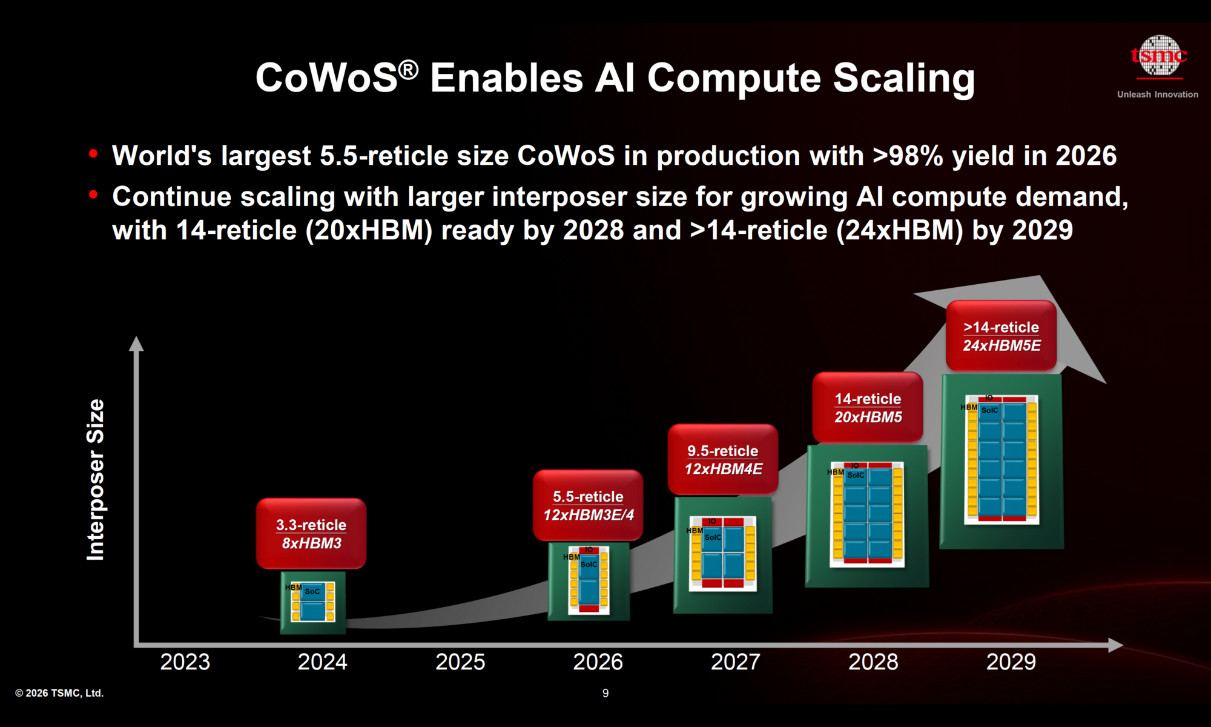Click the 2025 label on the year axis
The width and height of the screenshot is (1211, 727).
pyautogui.click(x=460, y=662)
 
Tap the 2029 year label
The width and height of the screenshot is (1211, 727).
pyautogui.click(x=1011, y=662)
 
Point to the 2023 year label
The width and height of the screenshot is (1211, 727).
pyautogui.click(x=185, y=662)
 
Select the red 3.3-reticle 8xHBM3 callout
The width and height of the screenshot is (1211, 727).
pyautogui.click(x=311, y=534)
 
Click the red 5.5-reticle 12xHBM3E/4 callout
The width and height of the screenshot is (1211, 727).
pyautogui.click(x=588, y=505)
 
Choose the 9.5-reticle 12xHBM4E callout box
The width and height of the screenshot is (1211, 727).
pyautogui.click(x=723, y=460)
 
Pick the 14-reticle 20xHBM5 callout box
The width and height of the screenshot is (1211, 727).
pyautogui.click(x=868, y=408)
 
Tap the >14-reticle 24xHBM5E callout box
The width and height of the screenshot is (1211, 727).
pyautogui.click(x=1001, y=336)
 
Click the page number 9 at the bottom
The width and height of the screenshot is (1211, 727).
pyautogui.click(x=605, y=693)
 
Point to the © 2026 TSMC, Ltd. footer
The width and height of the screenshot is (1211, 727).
pyautogui.click(x=59, y=693)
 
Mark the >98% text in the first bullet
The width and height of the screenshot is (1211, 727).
pyautogui.click(x=907, y=156)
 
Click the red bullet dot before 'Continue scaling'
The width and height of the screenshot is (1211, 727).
pyautogui.click(x=93, y=195)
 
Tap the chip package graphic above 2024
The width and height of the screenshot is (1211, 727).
pyautogui.click(x=312, y=602)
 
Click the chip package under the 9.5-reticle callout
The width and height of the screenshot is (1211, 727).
pyautogui.click(x=723, y=554)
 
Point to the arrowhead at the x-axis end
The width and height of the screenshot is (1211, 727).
pyautogui.click(x=1115, y=645)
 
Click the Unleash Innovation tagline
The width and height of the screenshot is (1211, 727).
pyautogui.click(x=1157, y=95)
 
